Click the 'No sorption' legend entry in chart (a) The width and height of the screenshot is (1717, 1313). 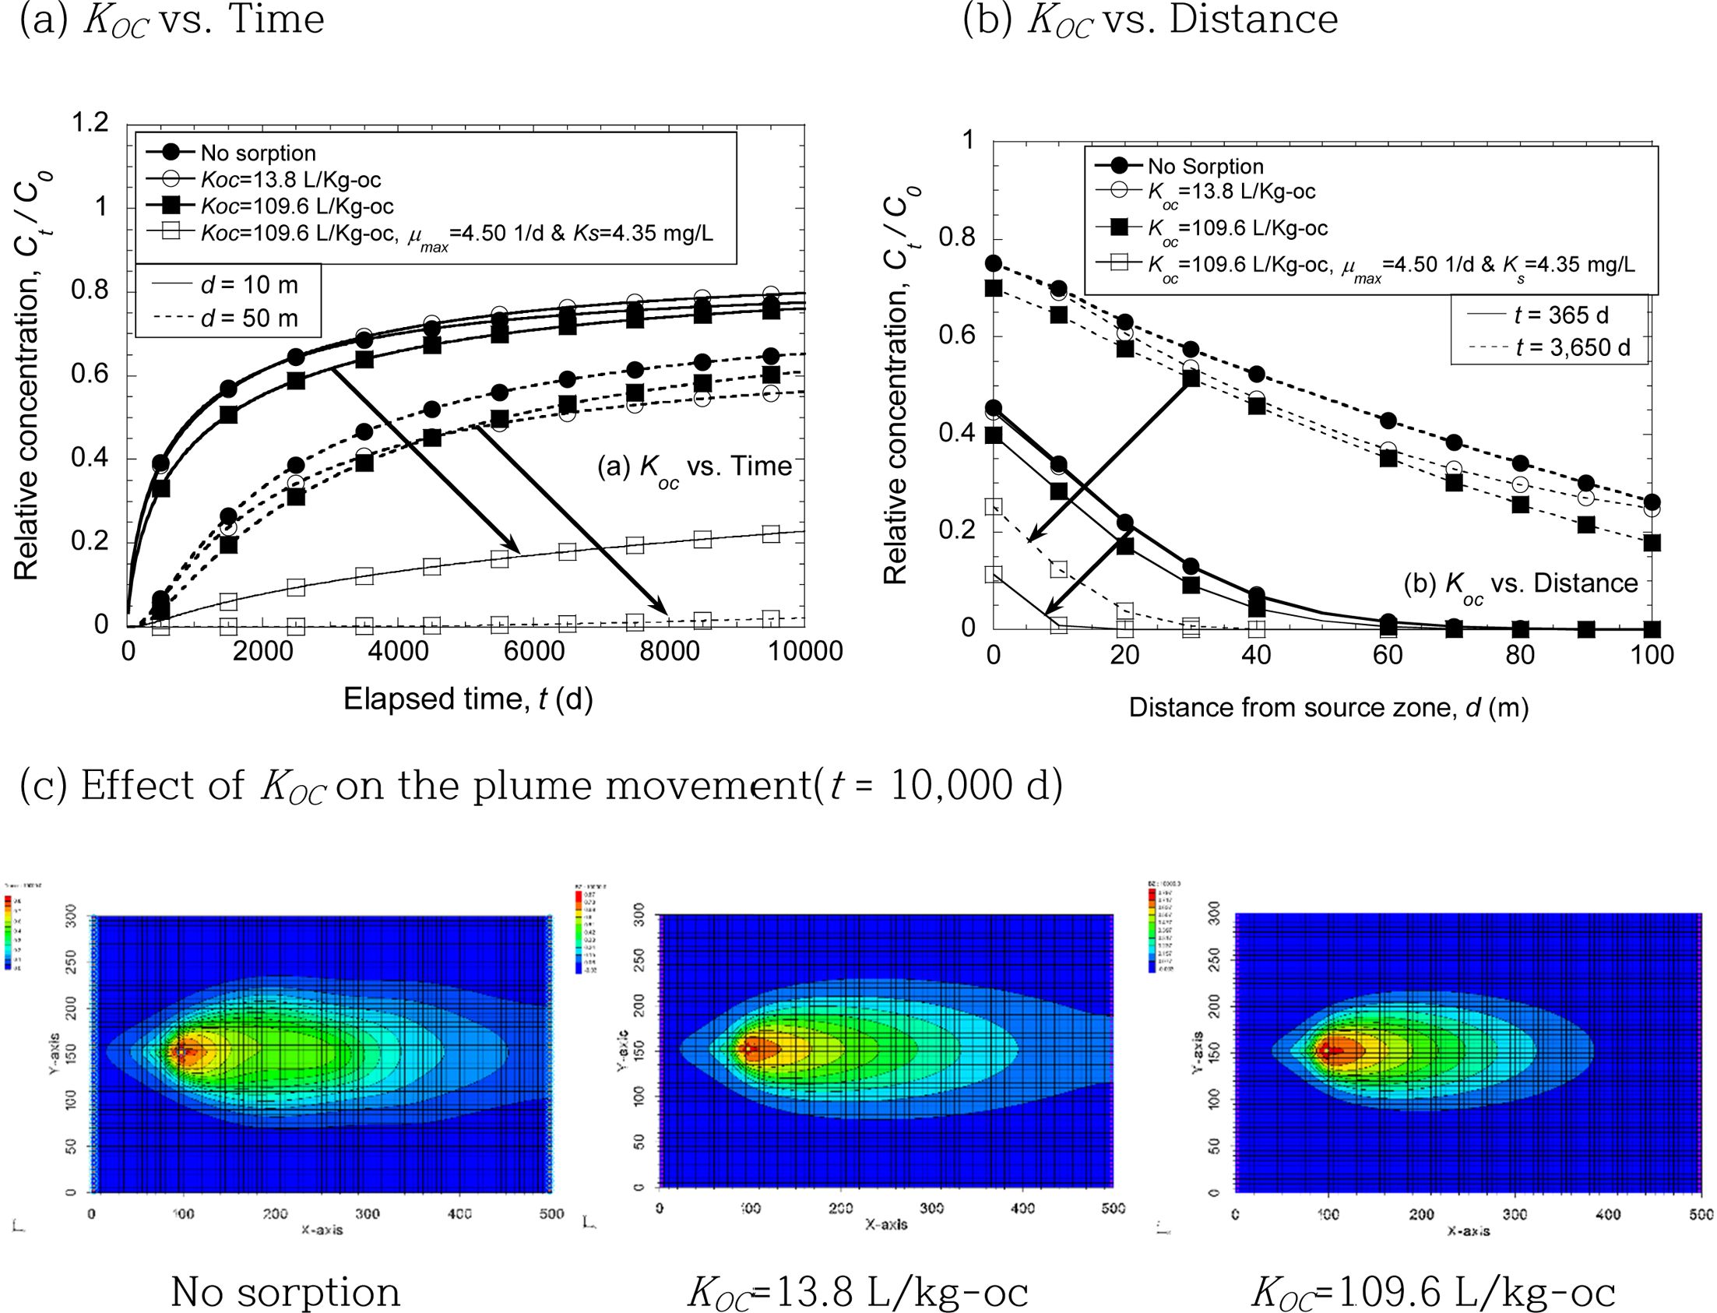(258, 153)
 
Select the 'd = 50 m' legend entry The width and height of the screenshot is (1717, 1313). (248, 318)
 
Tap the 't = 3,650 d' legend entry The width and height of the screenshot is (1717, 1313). (1572, 347)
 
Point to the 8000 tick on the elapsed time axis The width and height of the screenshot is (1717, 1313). (668, 652)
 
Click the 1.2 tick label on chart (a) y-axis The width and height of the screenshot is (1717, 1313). (90, 123)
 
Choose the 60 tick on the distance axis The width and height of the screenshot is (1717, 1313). (1388, 655)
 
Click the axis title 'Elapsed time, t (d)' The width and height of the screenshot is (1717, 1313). (467, 699)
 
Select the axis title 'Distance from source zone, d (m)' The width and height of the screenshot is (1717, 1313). (1328, 708)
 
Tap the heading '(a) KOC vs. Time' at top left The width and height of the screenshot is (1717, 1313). (172, 20)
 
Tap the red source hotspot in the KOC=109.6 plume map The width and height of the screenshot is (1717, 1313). (1327, 1051)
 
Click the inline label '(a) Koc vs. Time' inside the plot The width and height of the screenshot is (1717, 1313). (694, 467)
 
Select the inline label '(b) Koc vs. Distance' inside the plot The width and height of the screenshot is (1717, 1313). (1520, 584)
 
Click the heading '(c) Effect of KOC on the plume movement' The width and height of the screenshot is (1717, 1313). (540, 786)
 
